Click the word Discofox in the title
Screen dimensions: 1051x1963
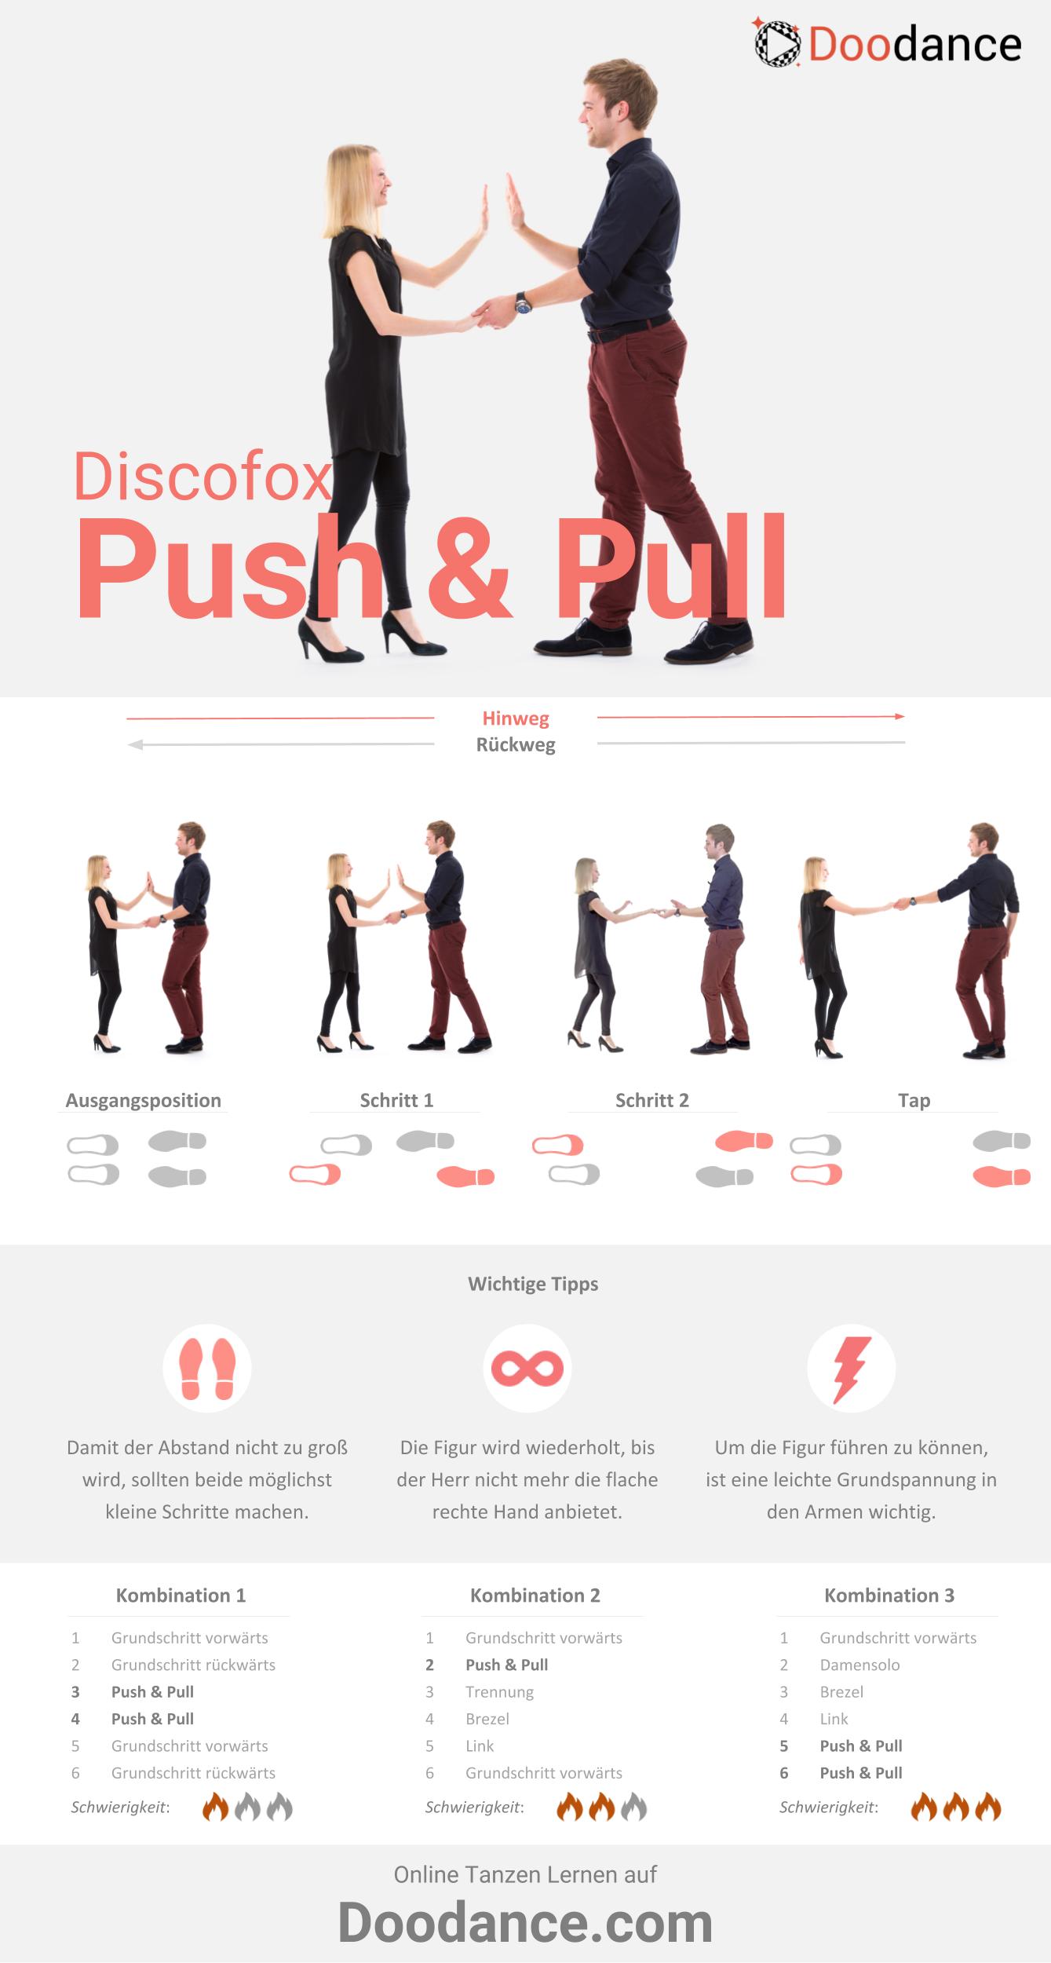203,477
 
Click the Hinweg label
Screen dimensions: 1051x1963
516,718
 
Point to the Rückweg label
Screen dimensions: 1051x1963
516,745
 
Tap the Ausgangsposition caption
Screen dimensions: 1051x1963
143,1101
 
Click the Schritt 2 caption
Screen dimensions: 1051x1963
652,1100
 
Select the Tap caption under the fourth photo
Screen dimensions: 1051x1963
914,1101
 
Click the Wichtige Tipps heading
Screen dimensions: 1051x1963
533,1284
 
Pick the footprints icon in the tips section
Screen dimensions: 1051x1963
207,1368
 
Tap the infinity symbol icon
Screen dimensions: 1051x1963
527,1369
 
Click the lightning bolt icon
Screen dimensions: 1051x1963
851,1369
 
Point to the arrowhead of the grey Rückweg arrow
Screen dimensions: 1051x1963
134,745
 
